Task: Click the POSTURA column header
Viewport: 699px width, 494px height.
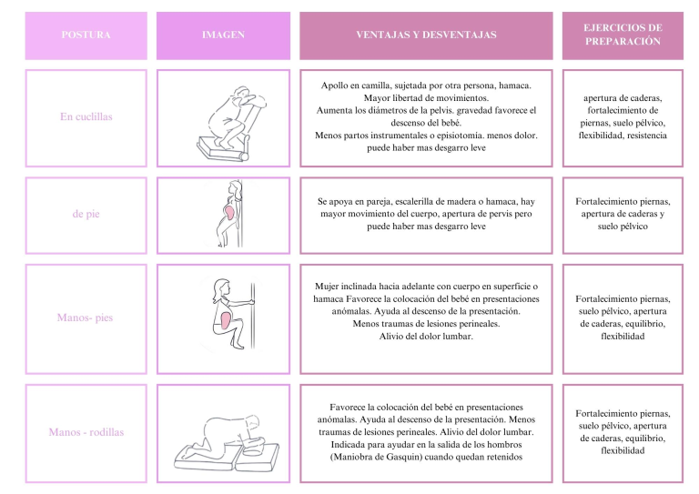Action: coord(86,35)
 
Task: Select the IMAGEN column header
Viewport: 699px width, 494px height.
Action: coord(223,35)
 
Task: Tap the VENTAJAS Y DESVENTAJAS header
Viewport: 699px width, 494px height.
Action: coord(426,35)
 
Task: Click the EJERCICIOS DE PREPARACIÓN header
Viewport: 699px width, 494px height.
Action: coord(623,35)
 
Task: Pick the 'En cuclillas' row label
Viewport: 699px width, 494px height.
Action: coord(86,116)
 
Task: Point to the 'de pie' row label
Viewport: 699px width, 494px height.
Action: coord(86,214)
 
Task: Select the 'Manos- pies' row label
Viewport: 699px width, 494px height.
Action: coord(86,318)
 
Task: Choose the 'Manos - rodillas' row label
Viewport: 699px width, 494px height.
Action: coord(86,432)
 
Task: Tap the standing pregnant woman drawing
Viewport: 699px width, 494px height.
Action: coord(229,214)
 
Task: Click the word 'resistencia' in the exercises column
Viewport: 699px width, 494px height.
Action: coord(646,136)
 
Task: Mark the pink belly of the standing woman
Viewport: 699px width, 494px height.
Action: coord(229,213)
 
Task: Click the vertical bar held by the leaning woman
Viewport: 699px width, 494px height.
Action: coord(253,316)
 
